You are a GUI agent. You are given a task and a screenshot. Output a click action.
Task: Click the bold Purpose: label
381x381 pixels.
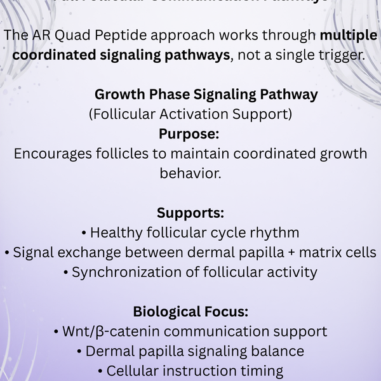tap(189, 134)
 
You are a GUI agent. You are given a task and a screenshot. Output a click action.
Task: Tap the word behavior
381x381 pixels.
tap(190, 173)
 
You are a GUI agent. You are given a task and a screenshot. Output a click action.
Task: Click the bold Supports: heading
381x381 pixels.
tap(190, 213)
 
